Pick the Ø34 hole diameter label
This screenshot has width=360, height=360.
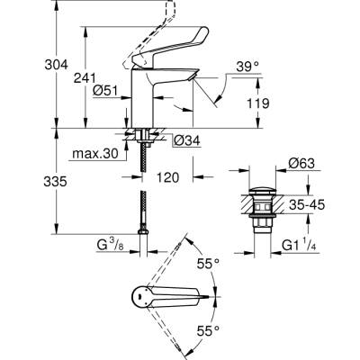tap(184, 139)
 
